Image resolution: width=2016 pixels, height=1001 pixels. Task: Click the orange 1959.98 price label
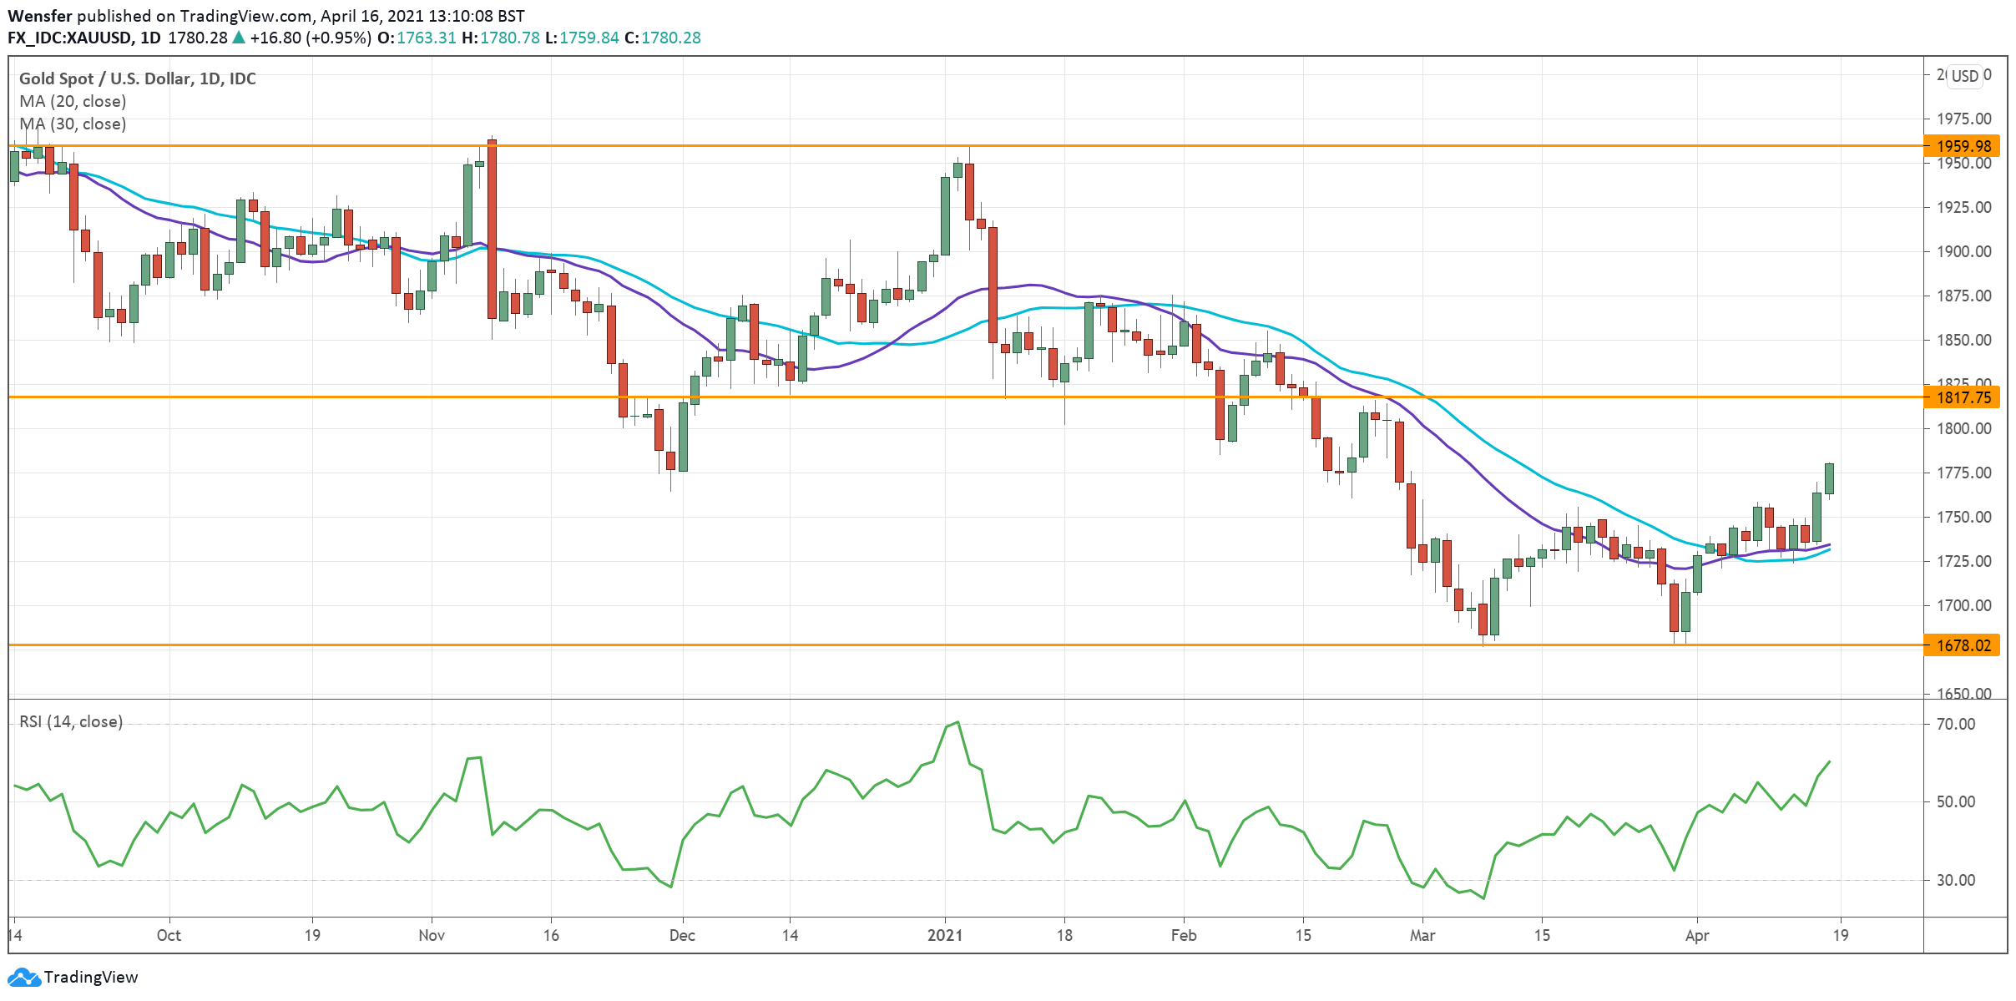1963,146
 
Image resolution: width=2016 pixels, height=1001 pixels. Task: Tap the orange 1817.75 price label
1963,397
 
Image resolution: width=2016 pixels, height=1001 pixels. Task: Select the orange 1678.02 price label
1963,645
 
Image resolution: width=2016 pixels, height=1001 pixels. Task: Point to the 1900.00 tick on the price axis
1963,251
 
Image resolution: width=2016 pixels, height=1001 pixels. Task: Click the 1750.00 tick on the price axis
1963,517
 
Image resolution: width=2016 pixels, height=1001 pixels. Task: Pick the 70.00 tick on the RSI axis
1955,724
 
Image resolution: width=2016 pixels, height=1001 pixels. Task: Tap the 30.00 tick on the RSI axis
1955,880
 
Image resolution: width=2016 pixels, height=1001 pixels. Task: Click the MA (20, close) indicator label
73,101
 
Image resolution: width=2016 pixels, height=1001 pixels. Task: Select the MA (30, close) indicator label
73,124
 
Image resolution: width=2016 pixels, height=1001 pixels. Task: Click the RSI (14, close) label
71,721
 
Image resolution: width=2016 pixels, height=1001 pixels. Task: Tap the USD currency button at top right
1964,76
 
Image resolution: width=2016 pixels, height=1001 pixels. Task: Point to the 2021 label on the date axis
945,935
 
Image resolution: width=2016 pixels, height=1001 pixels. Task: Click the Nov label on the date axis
432,935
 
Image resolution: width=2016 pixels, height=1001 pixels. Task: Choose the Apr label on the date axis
1696,935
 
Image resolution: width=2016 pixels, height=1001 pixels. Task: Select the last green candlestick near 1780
1829,478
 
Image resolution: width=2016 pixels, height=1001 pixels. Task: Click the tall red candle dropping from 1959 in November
493,230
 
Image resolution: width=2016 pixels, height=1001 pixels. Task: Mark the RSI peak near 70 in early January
957,723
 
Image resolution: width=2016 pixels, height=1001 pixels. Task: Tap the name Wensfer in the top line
39,16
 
